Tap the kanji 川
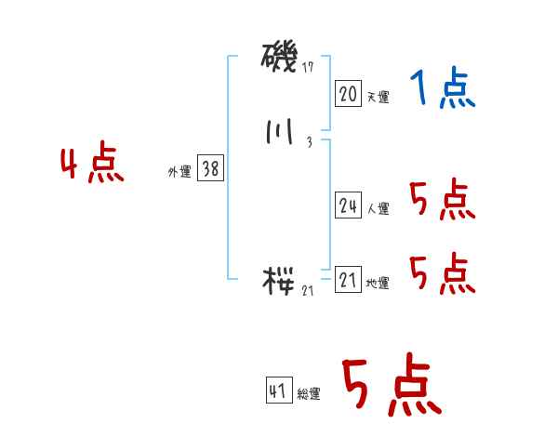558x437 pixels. click(279, 134)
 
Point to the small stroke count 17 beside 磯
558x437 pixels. click(308, 68)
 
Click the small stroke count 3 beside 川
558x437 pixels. click(308, 142)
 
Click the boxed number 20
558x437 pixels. click(348, 93)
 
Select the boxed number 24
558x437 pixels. click(348, 206)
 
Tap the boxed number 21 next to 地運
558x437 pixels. click(348, 281)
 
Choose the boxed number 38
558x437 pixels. click(210, 169)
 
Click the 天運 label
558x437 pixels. click(378, 96)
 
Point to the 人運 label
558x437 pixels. click(378, 209)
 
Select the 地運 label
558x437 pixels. click(378, 284)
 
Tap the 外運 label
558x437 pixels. click(179, 172)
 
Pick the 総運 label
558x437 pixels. click(309, 394)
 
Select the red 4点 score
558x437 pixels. click(92, 165)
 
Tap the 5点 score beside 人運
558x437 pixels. click(443, 199)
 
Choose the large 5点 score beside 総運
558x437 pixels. click(391, 387)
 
